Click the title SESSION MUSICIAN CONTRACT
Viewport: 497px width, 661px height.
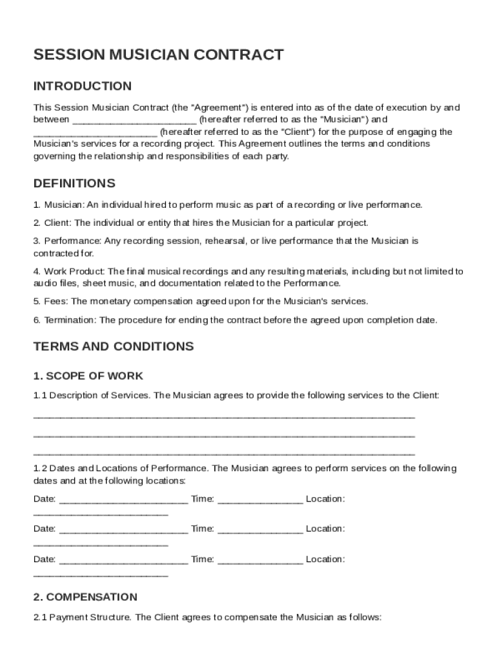click(158, 55)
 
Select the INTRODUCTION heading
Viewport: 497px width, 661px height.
click(82, 86)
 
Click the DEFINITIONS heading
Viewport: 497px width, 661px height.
click(74, 183)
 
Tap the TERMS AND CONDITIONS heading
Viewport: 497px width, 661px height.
click(113, 347)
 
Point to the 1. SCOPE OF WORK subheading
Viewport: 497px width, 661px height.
click(88, 376)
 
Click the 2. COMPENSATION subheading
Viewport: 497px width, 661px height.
click(85, 597)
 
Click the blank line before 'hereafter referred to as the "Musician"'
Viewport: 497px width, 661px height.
click(134, 121)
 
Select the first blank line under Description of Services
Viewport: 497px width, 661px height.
click(223, 417)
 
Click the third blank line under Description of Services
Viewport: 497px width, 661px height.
click(223, 453)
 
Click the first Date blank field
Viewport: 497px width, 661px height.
click(123, 500)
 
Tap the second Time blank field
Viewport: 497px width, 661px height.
click(260, 530)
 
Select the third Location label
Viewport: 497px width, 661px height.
click(325, 559)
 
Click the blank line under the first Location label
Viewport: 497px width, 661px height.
click(100, 514)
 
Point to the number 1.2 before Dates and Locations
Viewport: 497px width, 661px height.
click(40, 468)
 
